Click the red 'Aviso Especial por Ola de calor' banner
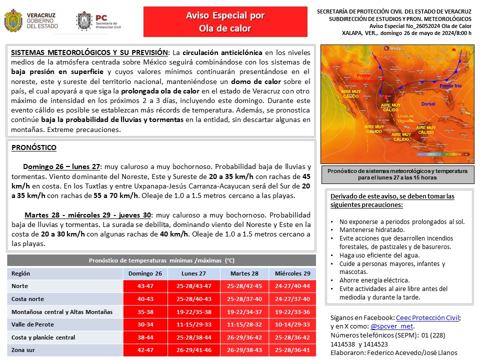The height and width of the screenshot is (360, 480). (225, 22)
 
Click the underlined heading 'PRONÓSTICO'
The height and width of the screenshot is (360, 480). (33, 147)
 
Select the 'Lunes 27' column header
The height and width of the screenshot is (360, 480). (194, 273)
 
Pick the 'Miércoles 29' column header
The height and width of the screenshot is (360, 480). (292, 273)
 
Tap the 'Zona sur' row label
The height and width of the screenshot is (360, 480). (24, 350)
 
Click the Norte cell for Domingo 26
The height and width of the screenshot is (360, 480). (145, 286)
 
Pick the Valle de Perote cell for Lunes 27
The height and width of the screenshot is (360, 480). (194, 324)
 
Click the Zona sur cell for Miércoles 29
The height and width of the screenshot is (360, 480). (292, 350)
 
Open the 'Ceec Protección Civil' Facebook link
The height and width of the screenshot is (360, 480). (427, 317)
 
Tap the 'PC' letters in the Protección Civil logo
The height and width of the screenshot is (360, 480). (101, 16)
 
